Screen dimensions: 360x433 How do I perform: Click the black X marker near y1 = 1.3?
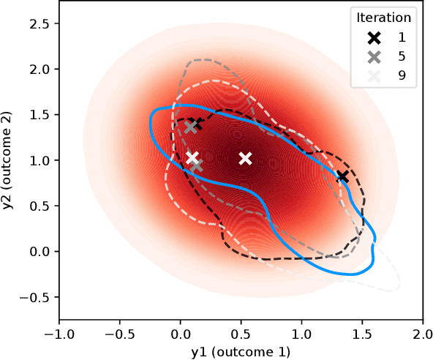tap(342, 176)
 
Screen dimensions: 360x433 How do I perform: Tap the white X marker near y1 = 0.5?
tap(246, 159)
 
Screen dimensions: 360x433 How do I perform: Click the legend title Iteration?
tap(383, 18)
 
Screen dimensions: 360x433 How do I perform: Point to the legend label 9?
tap(402, 75)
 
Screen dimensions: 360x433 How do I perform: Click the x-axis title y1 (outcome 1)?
tap(241, 352)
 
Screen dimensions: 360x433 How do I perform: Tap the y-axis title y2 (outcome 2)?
tap(9, 161)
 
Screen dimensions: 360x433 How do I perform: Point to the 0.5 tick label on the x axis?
tap(241, 334)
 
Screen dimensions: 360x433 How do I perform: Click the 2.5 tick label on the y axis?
tap(40, 23)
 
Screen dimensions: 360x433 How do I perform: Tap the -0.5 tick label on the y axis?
tap(36, 297)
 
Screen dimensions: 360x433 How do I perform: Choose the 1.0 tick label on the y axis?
tap(40, 160)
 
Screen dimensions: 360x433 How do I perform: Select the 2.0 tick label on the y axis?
tap(40, 70)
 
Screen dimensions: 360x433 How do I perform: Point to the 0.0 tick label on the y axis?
tap(40, 252)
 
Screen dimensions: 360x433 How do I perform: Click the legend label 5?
tap(402, 56)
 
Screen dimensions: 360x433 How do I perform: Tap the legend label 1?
tap(402, 37)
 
